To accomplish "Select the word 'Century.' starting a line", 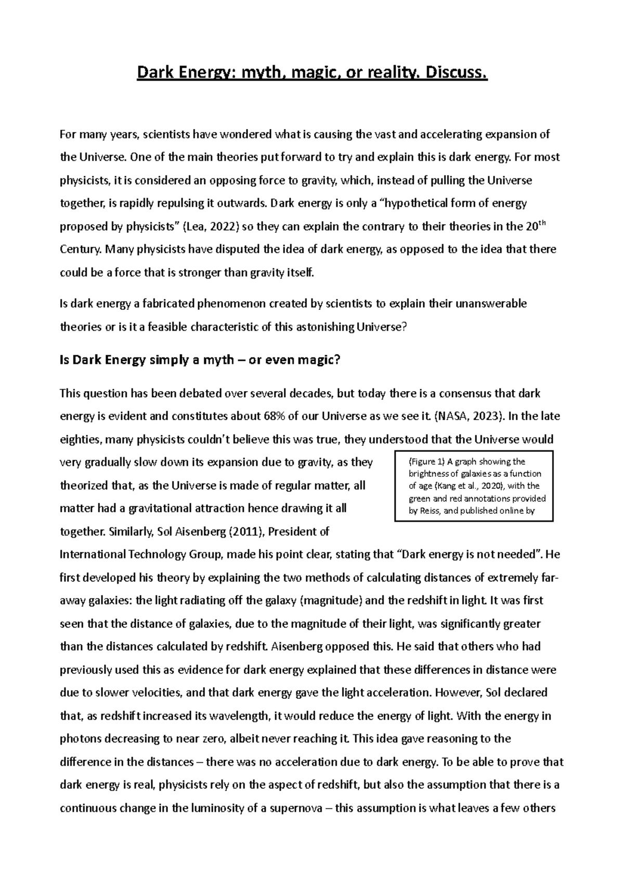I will tap(81, 250).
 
